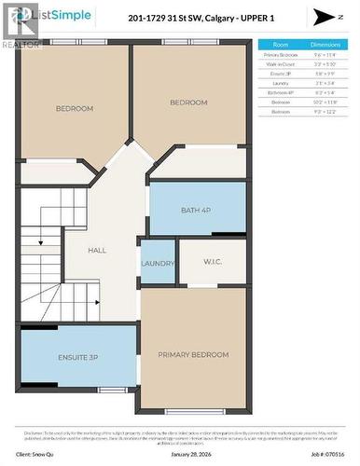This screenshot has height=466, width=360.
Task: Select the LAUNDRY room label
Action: point(158,264)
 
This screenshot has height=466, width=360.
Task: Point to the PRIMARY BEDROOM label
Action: point(193,354)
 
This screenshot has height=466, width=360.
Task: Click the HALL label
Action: point(97,251)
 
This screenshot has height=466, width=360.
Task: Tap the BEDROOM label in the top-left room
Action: point(75,109)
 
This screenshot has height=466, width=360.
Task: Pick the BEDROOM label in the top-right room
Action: point(187,103)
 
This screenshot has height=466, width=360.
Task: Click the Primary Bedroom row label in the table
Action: point(277,55)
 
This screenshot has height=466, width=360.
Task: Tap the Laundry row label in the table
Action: point(277,83)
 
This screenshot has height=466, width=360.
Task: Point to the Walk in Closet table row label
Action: point(277,64)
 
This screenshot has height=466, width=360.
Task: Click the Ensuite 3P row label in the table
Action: point(277,74)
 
